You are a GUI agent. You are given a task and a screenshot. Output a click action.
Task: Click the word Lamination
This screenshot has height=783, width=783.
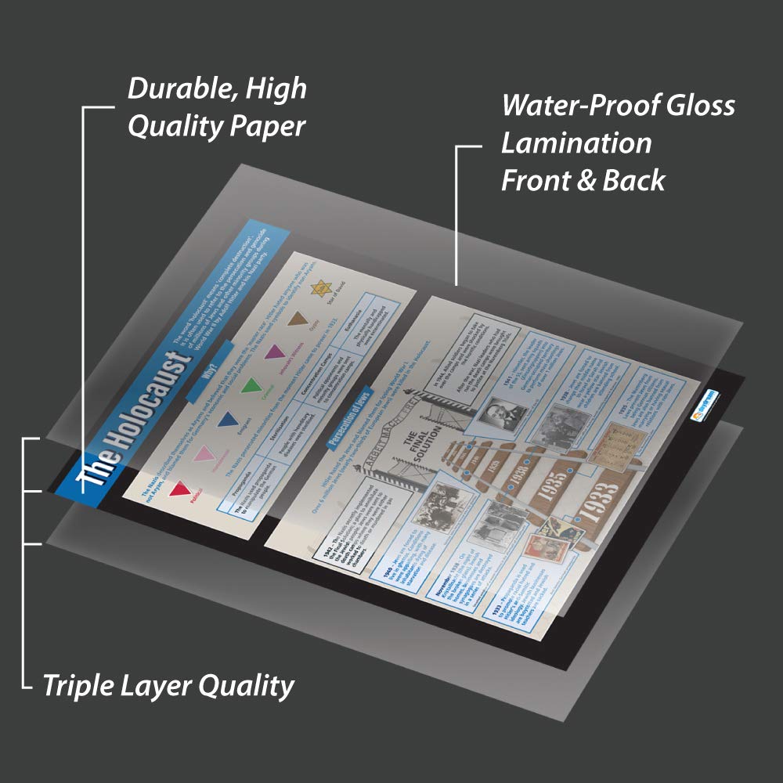[576, 143]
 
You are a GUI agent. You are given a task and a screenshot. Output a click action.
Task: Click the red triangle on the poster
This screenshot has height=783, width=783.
[179, 489]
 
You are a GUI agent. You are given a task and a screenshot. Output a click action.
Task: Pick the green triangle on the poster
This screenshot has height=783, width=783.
[250, 385]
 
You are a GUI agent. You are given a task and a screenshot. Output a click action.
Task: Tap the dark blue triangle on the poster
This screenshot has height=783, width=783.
[226, 421]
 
